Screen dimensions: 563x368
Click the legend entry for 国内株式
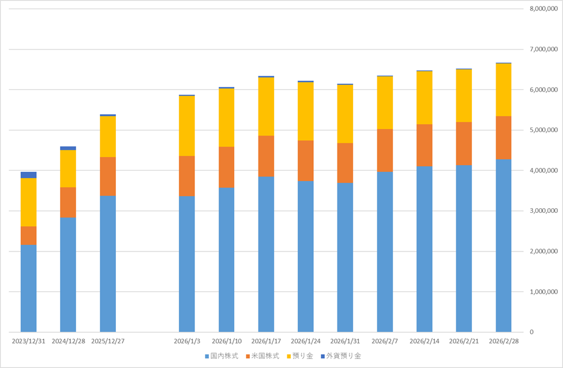click(222, 356)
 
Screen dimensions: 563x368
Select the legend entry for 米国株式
click(262, 356)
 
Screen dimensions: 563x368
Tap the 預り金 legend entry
click(300, 356)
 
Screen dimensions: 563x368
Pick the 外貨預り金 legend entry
click(341, 356)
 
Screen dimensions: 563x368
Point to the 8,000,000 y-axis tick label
click(543, 9)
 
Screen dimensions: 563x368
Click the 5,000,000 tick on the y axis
click(543, 130)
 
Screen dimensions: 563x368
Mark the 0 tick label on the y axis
click(532, 332)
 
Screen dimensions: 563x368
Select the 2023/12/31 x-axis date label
click(29, 341)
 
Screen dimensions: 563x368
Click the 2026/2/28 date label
click(504, 341)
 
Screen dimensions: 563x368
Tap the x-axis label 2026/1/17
click(266, 341)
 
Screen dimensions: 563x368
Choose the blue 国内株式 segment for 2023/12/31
click(29, 288)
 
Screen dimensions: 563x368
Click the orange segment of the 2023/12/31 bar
click(29, 235)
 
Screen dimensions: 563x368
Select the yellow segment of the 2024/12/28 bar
click(68, 169)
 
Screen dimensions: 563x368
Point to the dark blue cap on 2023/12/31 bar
click(29, 175)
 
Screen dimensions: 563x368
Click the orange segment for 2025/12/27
click(108, 177)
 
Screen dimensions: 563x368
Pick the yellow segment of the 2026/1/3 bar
click(187, 126)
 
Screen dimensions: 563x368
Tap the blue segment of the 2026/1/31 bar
click(345, 257)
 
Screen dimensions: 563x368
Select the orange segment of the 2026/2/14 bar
click(425, 145)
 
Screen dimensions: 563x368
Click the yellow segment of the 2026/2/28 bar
click(504, 90)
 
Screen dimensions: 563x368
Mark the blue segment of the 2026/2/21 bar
click(464, 249)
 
